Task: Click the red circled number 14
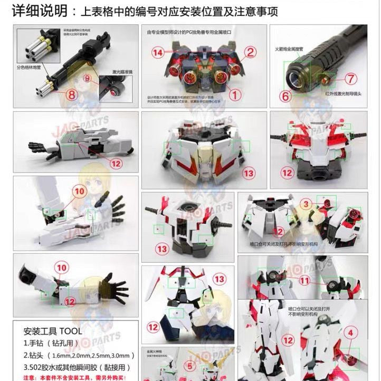click(x=157, y=52)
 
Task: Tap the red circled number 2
click(x=250, y=51)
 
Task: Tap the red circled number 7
click(x=353, y=79)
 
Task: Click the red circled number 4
click(x=349, y=333)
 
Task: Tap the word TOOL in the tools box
click(x=71, y=331)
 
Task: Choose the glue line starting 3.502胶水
click(x=77, y=367)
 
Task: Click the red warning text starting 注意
click(x=74, y=377)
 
